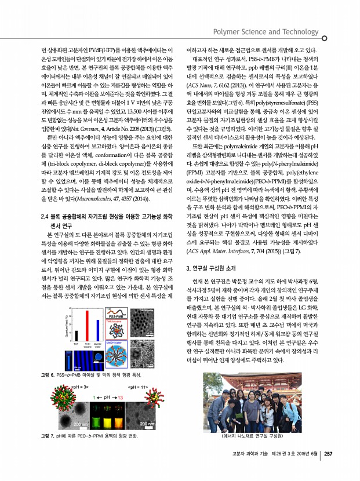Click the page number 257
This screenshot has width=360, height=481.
tap(329, 453)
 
